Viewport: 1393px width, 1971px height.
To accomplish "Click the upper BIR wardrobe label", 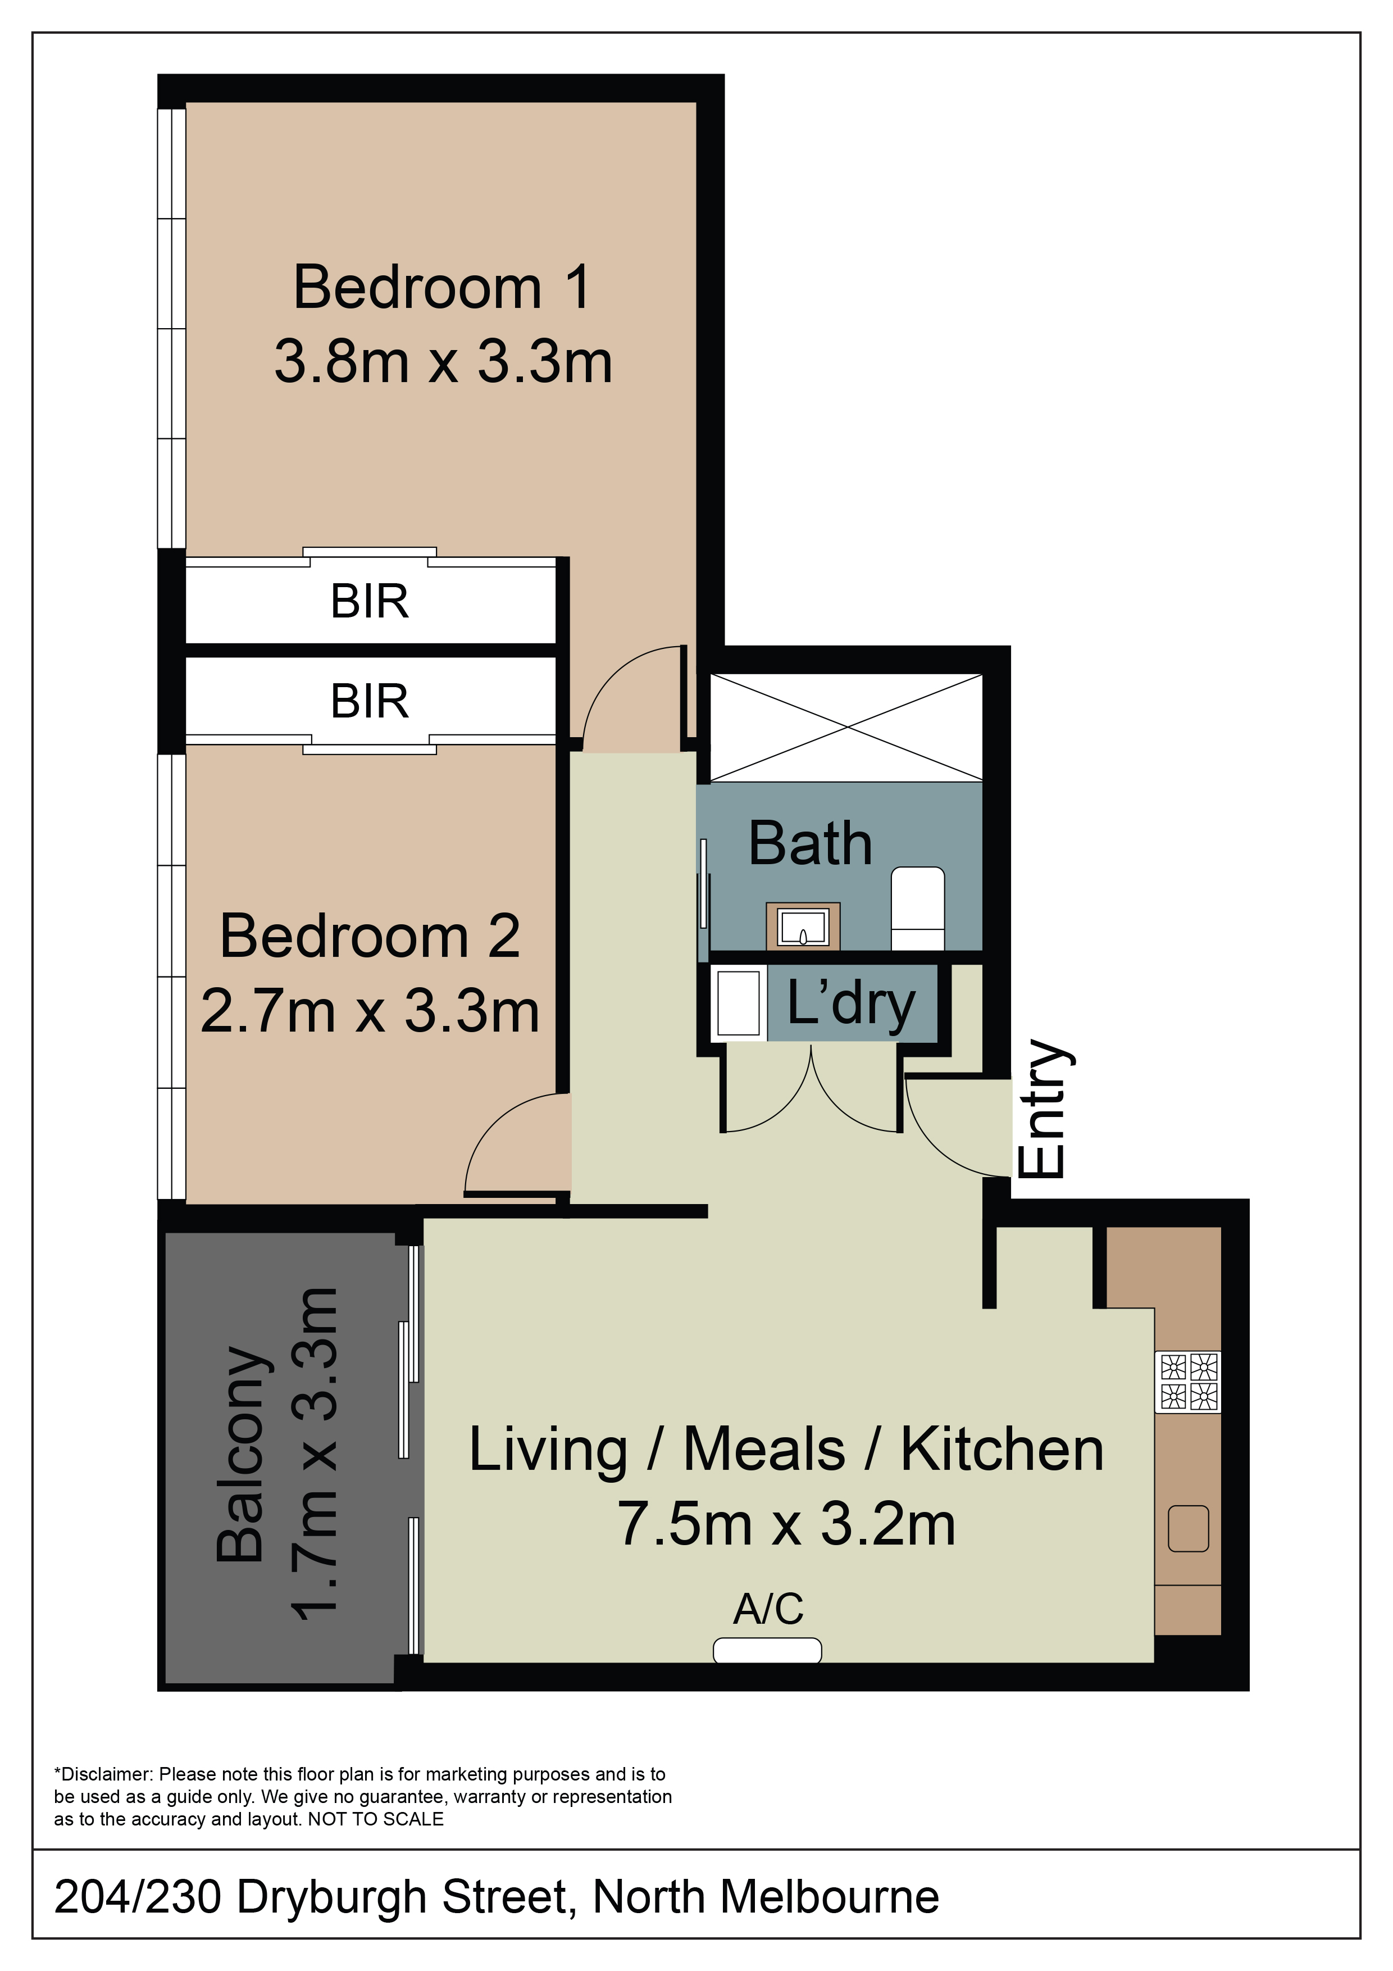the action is [370, 601].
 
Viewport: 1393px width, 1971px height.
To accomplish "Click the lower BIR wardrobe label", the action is [370, 701].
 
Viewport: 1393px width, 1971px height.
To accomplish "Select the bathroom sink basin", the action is [803, 927].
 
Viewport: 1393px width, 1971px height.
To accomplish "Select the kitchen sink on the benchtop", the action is [1189, 1529].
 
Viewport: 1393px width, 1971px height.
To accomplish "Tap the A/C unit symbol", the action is [767, 1650].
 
